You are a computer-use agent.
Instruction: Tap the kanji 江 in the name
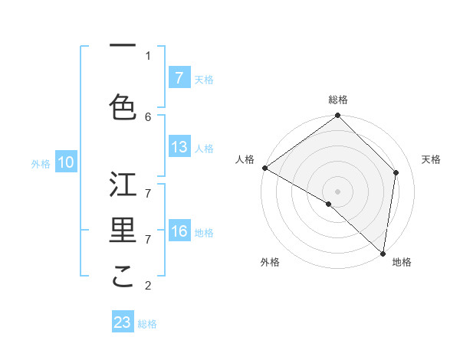[x=123, y=185]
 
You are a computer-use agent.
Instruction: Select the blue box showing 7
[x=179, y=77]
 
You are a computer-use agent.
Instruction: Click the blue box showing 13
[x=179, y=147]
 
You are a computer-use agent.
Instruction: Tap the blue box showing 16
[x=179, y=231]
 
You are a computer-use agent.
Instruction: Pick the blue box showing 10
[x=66, y=162]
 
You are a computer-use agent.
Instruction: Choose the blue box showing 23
[x=123, y=322]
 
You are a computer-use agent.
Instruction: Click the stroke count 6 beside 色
[x=148, y=116]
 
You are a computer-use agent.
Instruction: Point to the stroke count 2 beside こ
[x=148, y=286]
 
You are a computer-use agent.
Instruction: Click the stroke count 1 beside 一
[x=148, y=55]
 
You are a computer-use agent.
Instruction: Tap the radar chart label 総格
[x=338, y=100]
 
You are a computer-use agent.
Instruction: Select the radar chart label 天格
[x=431, y=159]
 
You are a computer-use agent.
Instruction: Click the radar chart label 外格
[x=270, y=262]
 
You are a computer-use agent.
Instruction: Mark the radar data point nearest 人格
[x=264, y=168]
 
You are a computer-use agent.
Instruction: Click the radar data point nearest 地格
[x=383, y=253]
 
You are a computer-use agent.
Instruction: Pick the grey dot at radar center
[x=338, y=191]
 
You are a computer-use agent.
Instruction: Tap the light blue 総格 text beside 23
[x=147, y=324]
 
